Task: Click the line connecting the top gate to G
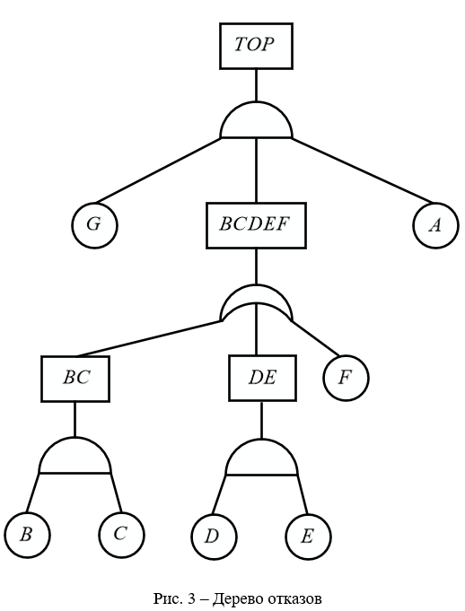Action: (x=158, y=170)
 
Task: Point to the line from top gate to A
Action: (x=363, y=170)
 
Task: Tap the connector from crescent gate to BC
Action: (x=149, y=338)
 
